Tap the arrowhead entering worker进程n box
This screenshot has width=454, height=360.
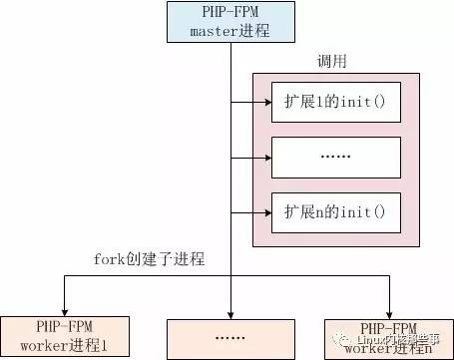click(x=388, y=310)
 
